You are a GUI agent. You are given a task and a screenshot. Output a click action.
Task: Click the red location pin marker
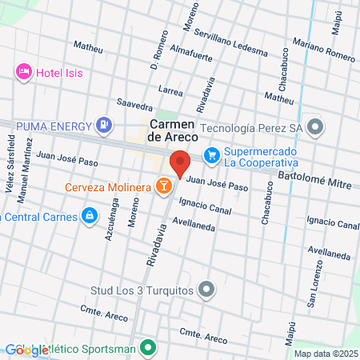181,163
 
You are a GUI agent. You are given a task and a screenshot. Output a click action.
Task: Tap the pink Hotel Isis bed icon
23,72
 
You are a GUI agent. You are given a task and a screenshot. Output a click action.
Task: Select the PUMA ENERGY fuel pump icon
103,125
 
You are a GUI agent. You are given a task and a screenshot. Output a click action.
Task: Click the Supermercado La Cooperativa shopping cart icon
211,155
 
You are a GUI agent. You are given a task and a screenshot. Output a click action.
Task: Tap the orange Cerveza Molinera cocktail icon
163,186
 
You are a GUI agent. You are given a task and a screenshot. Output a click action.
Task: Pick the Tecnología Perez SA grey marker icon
316,127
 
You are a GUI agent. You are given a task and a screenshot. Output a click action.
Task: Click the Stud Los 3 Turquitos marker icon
206,288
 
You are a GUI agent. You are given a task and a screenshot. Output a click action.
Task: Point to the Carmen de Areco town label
170,133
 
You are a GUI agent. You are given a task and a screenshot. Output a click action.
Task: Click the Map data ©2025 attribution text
326,353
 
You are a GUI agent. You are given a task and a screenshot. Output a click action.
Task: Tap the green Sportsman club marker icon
147,348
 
